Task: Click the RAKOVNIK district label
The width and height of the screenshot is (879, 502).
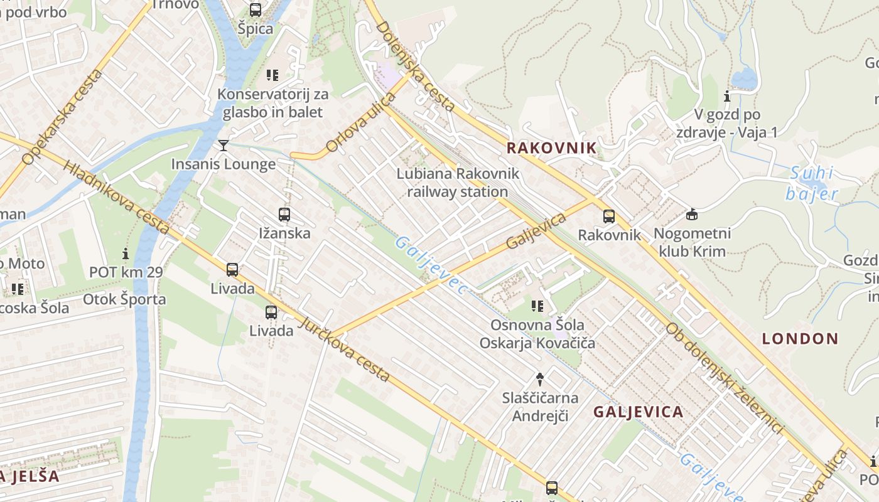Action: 551,148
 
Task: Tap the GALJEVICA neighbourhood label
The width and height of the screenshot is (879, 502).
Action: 638,412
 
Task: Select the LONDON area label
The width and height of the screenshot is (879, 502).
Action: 800,339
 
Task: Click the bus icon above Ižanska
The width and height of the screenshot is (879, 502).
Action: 284,215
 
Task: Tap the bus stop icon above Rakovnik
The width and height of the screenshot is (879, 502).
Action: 609,216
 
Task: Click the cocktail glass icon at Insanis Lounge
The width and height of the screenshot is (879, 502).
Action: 224,146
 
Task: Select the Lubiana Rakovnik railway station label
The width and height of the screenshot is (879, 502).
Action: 458,183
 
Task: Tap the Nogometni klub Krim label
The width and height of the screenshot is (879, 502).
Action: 692,242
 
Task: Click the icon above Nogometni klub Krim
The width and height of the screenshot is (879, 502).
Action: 692,215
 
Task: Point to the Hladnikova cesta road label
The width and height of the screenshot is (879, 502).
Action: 117,198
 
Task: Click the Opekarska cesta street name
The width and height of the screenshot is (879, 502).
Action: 62,117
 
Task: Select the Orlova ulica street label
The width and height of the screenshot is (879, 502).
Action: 361,124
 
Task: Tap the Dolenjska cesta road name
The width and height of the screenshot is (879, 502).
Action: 415,66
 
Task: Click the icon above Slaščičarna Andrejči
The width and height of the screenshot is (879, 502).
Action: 539,378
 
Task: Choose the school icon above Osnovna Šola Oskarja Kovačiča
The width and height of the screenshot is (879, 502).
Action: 537,306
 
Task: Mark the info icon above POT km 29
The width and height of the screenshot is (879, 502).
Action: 126,254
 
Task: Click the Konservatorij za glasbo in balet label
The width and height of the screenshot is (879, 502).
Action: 272,103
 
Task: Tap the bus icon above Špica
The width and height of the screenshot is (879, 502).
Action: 256,10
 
